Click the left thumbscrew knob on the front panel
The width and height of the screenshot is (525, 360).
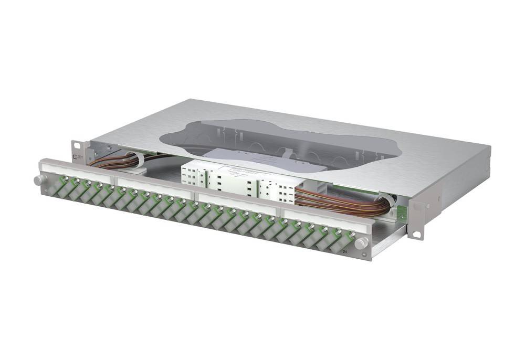click(38, 181)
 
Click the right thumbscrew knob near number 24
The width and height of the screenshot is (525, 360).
click(361, 243)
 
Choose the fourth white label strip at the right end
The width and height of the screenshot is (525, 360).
click(320, 219)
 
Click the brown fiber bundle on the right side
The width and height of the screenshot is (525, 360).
click(341, 202)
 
